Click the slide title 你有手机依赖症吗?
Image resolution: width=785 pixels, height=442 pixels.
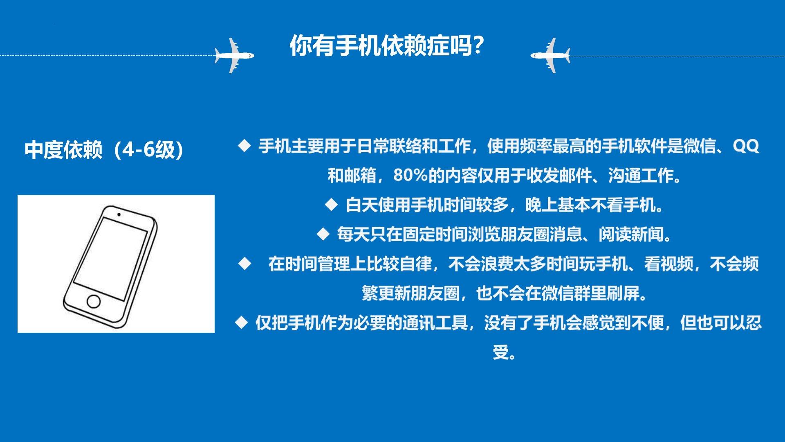click(x=387, y=45)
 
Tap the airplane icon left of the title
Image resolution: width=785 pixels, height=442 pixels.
click(x=234, y=56)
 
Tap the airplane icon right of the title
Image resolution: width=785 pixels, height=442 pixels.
click(x=550, y=56)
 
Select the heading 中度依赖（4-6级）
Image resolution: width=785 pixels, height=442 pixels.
click(x=105, y=150)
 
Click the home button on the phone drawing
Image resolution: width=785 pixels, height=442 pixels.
click(x=94, y=301)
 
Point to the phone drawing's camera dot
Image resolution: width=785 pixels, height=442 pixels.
click(x=119, y=214)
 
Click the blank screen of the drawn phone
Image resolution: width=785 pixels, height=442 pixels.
click(x=110, y=259)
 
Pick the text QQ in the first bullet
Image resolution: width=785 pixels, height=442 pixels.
click(x=746, y=146)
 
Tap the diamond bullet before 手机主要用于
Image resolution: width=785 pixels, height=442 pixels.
click(x=244, y=145)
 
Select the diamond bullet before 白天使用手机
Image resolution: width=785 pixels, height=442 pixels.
click(x=332, y=204)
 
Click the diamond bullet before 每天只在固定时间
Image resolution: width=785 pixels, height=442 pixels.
click(x=323, y=234)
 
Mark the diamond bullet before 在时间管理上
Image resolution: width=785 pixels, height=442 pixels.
click(x=244, y=264)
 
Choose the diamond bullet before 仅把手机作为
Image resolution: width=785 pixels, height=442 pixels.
click(x=242, y=322)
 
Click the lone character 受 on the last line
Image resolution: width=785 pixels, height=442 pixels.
click(x=500, y=352)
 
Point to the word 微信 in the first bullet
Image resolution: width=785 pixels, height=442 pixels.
click(x=700, y=146)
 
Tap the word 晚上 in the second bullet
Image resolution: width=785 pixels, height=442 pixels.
click(x=541, y=205)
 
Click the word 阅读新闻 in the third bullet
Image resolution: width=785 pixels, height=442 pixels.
click(x=631, y=235)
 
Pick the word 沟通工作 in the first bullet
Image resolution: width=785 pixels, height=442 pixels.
click(x=641, y=176)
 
